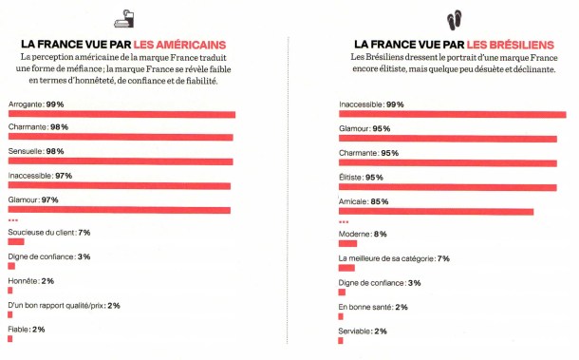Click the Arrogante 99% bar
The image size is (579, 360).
coord(121,114)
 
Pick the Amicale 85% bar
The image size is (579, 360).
coord(436,211)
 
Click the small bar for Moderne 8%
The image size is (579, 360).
coord(346,244)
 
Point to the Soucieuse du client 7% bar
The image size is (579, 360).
coord(14,243)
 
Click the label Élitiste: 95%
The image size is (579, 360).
coord(361,177)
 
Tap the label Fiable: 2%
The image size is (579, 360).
coord(26,329)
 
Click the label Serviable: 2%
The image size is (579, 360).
coord(362,330)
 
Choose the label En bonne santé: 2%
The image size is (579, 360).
coord(373,306)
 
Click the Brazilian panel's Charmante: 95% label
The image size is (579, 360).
coord(365,153)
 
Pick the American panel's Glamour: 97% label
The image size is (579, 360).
coord(33,200)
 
